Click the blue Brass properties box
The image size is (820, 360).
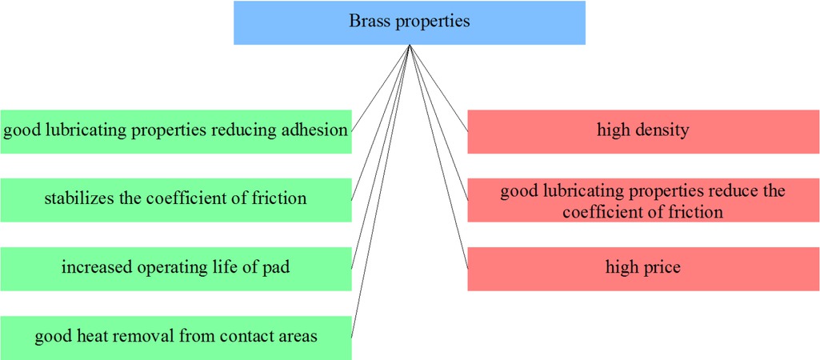410,22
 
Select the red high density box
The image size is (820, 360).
643,131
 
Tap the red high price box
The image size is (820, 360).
643,269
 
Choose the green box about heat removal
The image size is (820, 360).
176,338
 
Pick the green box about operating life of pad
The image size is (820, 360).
176,269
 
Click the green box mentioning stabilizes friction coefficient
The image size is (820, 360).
176,200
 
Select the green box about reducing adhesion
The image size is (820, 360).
176,131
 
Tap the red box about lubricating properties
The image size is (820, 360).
643,200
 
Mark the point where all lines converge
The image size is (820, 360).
410,45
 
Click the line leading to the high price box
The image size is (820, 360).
438,157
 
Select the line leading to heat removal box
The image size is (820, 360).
380,191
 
